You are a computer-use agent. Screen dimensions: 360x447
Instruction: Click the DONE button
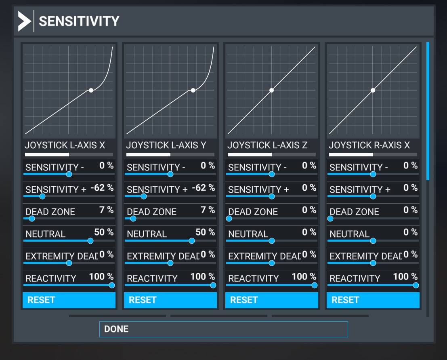(x=223, y=329)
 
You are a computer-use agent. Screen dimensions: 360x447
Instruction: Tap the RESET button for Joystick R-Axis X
(x=373, y=300)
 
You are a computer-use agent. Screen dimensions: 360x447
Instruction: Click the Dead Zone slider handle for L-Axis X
(x=32, y=219)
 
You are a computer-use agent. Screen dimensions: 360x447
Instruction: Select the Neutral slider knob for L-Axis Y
(x=191, y=241)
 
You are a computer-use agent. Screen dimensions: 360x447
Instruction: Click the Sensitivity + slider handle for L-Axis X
(x=42, y=196)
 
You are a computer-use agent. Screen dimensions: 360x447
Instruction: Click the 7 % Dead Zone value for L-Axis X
(x=106, y=210)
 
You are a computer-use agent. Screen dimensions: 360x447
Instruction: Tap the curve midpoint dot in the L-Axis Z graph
(x=271, y=90)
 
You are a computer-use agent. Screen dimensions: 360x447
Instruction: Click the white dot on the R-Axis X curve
(x=373, y=90)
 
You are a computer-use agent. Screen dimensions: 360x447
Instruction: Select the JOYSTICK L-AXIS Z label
(x=267, y=145)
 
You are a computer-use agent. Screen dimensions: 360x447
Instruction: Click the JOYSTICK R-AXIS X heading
(x=369, y=145)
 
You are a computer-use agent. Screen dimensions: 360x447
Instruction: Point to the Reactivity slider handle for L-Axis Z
(x=315, y=285)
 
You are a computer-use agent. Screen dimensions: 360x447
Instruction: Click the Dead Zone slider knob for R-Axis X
(x=330, y=219)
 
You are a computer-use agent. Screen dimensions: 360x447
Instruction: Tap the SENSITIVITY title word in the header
(x=79, y=21)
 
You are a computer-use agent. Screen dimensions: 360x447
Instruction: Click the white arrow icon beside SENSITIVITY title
(x=24, y=21)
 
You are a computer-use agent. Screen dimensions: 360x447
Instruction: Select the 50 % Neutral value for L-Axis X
(x=104, y=232)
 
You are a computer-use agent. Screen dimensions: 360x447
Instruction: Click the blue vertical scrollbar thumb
(x=428, y=111)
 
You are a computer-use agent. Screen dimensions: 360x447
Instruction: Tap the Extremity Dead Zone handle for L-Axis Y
(x=170, y=263)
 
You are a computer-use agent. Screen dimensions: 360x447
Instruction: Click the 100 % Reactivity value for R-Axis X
(x=405, y=277)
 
